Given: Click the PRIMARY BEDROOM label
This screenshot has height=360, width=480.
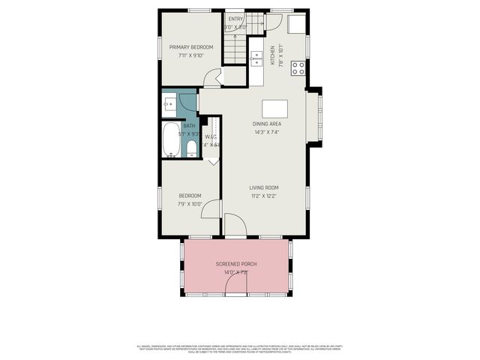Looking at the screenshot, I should pos(190,46).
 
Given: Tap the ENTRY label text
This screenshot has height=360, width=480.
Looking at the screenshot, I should pos(235,19).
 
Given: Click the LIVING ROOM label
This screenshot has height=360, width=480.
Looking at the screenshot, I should pos(264,187).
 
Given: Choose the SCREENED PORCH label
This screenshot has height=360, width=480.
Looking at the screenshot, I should pos(235,265).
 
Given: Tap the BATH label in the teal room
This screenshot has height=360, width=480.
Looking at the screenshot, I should pos(178,126).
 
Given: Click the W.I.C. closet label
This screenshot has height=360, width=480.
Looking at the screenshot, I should pos(211,136).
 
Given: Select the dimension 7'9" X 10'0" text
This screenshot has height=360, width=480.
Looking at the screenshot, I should pos(190,204).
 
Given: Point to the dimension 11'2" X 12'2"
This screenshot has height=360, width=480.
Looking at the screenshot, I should pos(264,196).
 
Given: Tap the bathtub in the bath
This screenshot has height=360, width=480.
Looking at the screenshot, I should pos(172,140).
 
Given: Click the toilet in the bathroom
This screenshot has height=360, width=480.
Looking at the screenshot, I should pos(191,146).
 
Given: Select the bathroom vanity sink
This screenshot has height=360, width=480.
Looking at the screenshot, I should pos(169,103).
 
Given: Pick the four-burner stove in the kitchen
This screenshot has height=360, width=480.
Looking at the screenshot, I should pos(298,68).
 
